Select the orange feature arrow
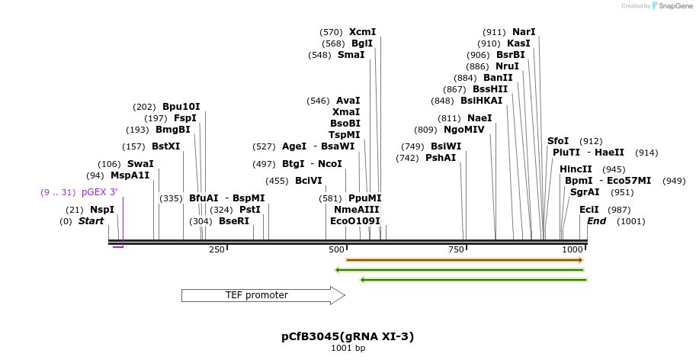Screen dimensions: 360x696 (x=464, y=260)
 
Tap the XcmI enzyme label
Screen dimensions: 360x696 (x=362, y=32)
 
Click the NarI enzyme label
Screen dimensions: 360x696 (x=524, y=32)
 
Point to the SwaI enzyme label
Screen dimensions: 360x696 (x=140, y=164)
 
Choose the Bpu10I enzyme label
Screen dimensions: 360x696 (x=181, y=107)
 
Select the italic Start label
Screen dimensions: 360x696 (x=91, y=221)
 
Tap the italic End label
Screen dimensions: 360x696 (x=595, y=221)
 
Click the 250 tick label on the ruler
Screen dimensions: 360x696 (x=216, y=249)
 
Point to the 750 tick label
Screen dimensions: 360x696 (x=456, y=249)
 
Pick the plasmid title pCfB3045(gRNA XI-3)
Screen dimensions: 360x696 (x=348, y=336)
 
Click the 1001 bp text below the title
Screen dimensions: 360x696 (x=348, y=349)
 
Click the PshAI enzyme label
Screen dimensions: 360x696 (x=441, y=158)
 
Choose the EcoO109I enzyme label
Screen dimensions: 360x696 (x=354, y=221)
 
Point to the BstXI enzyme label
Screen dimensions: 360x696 (x=165, y=146)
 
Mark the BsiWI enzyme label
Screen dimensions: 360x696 (x=446, y=146)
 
